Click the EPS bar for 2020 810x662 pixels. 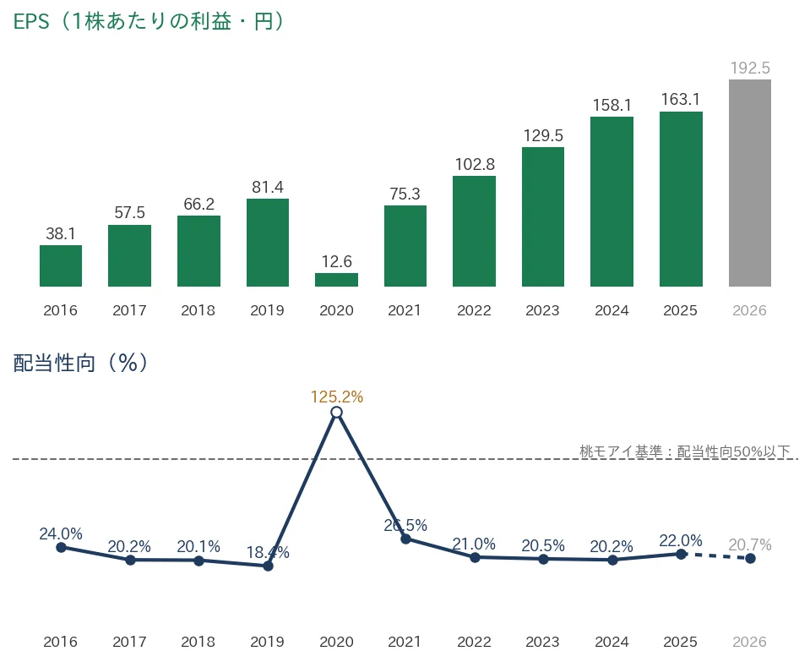click(336, 279)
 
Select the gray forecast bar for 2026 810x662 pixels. click(749, 183)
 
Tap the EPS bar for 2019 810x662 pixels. click(268, 242)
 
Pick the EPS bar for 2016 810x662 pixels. click(61, 265)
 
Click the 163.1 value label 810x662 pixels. click(680, 99)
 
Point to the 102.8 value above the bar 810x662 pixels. click(475, 164)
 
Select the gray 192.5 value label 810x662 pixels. click(750, 68)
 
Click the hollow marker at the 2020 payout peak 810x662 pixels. click(336, 413)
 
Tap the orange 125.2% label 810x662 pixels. click(337, 397)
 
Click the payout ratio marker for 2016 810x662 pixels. click(61, 547)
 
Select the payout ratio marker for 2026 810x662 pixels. click(751, 559)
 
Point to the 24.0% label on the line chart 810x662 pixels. click(61, 533)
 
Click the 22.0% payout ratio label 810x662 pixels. click(681, 540)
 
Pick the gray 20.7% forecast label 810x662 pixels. click(750, 544)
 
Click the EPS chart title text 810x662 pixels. click(149, 22)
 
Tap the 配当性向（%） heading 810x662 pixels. click(80, 363)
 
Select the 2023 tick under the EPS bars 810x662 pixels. click(542, 310)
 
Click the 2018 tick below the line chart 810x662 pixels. click(198, 642)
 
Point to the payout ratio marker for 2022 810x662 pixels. click(476, 557)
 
